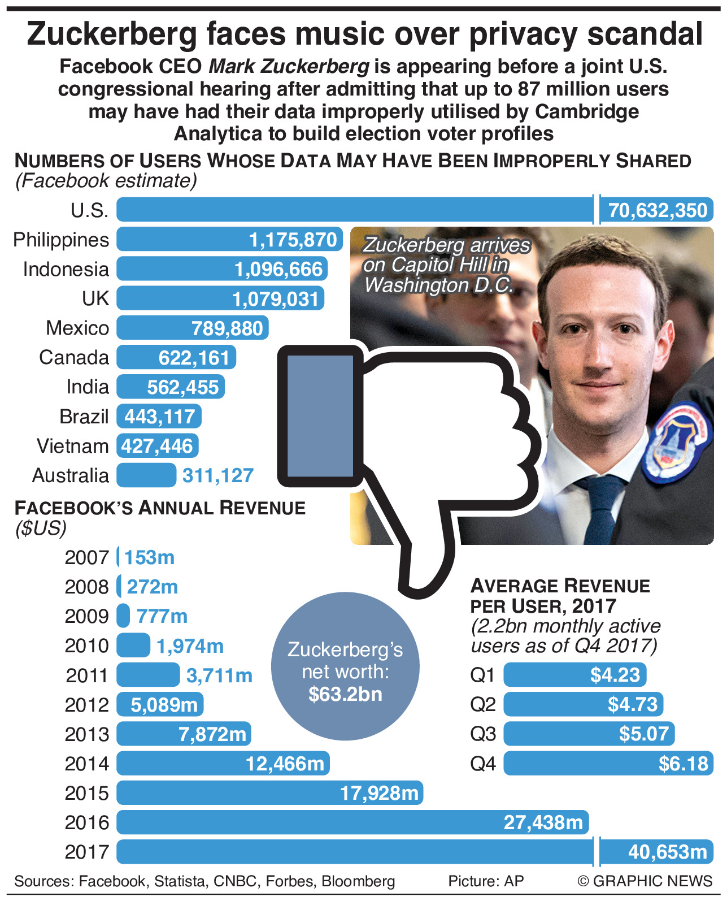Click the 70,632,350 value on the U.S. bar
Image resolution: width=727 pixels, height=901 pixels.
[x=658, y=210]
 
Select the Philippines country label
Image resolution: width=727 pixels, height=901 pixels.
[x=61, y=240]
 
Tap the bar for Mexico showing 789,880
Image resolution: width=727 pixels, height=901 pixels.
[x=193, y=328]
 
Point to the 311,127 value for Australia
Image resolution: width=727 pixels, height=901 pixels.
[x=217, y=475]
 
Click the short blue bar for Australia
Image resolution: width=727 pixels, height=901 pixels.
[x=146, y=475]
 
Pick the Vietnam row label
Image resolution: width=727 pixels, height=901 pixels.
[x=72, y=446]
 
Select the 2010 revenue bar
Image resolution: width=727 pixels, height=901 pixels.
[x=133, y=646]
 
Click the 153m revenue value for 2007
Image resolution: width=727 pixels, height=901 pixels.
[x=149, y=557]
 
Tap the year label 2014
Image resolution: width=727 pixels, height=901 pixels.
[x=86, y=764]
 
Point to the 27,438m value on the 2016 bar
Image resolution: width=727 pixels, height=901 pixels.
[x=543, y=822]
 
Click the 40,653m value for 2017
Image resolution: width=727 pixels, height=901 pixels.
[x=667, y=852]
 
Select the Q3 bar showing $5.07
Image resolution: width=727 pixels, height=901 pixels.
[x=589, y=734]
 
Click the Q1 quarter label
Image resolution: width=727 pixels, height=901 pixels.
[x=482, y=675]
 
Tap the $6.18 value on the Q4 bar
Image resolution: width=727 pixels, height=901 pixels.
[x=683, y=764]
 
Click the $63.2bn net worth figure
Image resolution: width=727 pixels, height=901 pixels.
[x=345, y=694]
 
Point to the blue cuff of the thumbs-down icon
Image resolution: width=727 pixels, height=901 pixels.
[x=320, y=415]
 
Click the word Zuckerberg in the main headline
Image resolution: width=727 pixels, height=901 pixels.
[x=112, y=34]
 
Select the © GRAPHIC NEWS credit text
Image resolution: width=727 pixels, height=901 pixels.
[x=645, y=881]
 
